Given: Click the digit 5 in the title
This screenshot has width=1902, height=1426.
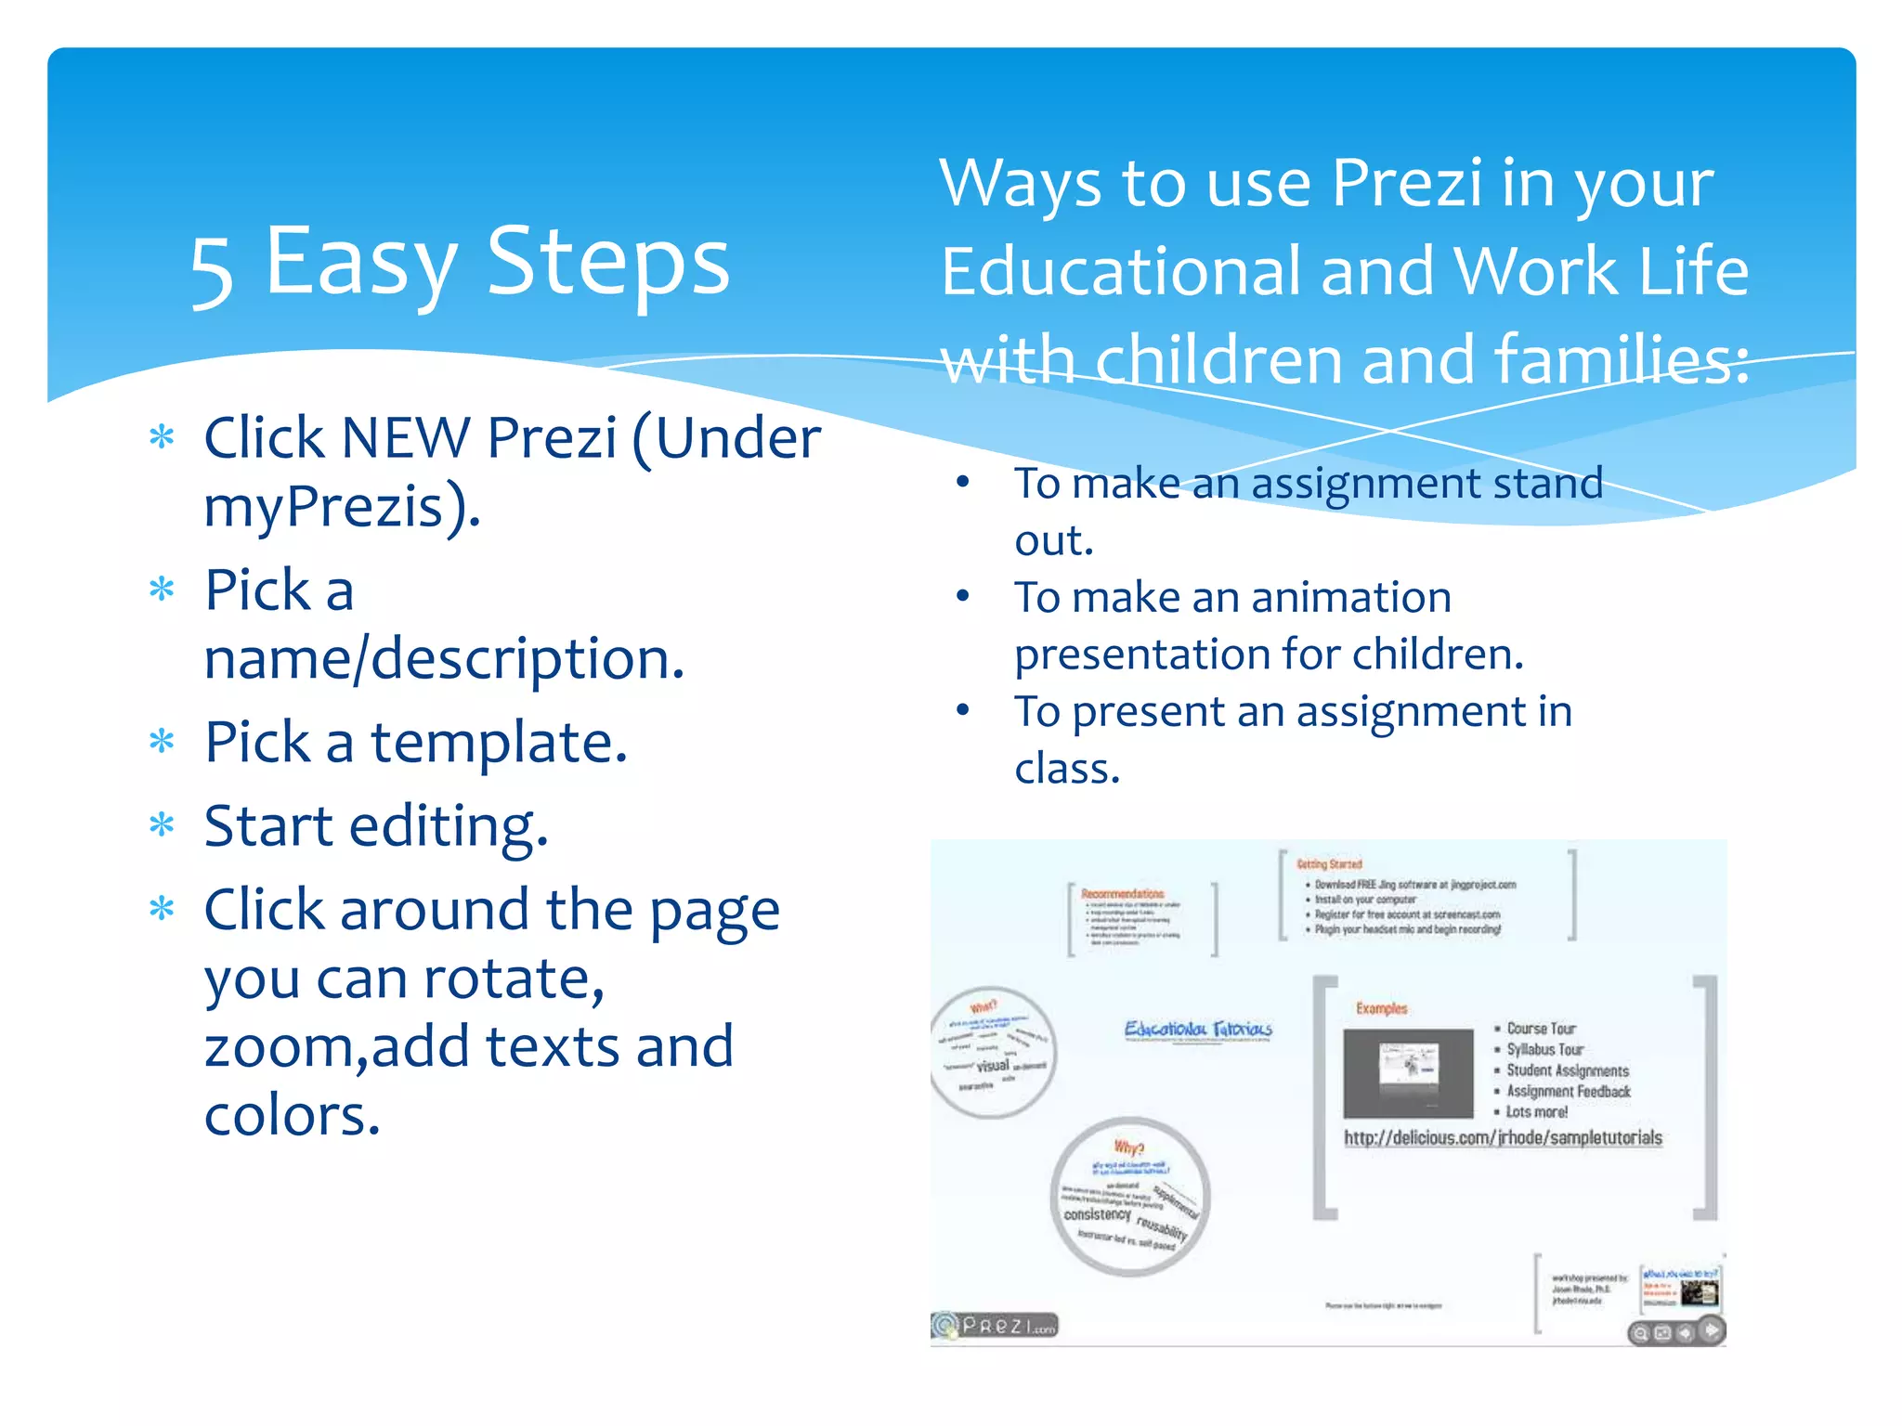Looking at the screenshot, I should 212,270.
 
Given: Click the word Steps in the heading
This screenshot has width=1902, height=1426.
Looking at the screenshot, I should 608,264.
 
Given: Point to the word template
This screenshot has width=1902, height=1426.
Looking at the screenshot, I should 499,743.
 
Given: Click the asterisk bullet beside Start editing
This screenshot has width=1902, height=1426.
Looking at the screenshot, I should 162,824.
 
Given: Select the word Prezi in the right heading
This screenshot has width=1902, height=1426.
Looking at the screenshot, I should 1406,183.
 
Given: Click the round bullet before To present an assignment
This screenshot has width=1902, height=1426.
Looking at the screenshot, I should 963,710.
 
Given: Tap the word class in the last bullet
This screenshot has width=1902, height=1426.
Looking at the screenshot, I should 1065,769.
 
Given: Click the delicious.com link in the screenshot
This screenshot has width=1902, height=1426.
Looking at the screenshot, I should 1503,1137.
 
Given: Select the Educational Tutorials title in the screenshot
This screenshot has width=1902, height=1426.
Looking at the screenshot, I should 1198,1029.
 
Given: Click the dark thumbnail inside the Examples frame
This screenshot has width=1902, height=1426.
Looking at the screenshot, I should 1408,1072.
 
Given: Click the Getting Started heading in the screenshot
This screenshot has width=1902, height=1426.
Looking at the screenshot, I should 1329,864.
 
